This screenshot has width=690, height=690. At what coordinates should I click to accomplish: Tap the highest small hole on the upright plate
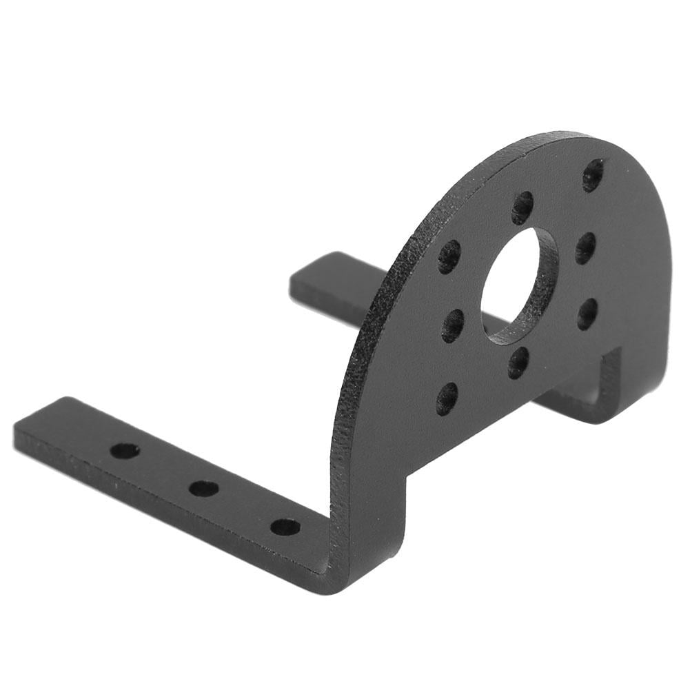(x=593, y=175)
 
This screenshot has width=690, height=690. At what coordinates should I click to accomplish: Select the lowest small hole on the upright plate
(x=447, y=398)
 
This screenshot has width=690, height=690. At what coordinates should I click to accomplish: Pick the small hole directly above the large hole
(x=522, y=207)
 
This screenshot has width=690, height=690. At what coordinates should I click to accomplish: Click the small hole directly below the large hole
(x=518, y=363)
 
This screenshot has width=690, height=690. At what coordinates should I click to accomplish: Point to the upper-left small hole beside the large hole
(x=449, y=257)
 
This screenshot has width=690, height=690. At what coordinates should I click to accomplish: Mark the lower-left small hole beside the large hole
(x=452, y=325)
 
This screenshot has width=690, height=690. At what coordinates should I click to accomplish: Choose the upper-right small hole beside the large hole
(x=585, y=247)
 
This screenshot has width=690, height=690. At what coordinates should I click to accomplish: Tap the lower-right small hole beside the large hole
(x=587, y=314)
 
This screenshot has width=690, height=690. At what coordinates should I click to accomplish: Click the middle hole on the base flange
(x=204, y=489)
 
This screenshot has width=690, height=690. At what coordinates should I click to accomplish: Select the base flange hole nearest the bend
(x=285, y=527)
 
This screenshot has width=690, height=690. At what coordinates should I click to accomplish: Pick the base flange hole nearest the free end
(x=125, y=451)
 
